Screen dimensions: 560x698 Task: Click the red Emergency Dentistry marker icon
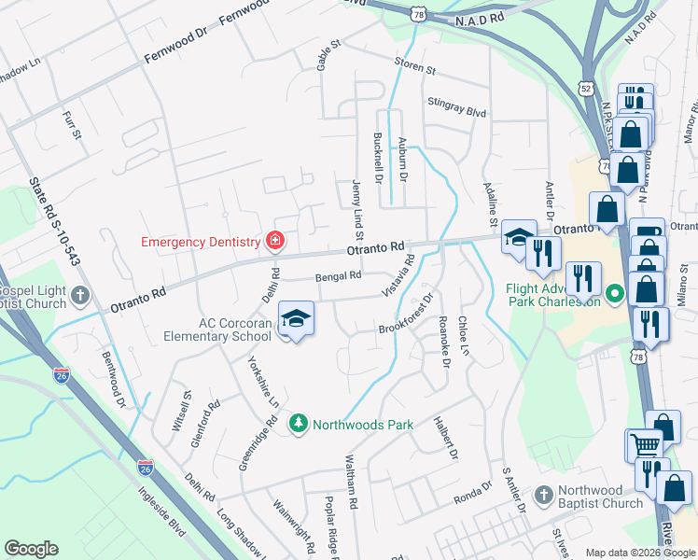[x=274, y=243]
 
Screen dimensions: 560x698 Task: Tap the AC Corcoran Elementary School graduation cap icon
[x=296, y=319]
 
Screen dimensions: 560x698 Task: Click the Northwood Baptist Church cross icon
[x=542, y=493]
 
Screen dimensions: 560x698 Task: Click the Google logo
[x=31, y=549]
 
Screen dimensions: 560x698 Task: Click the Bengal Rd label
[x=338, y=276]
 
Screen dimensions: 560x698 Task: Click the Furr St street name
[x=72, y=125]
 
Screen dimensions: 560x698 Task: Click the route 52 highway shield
[x=585, y=87]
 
